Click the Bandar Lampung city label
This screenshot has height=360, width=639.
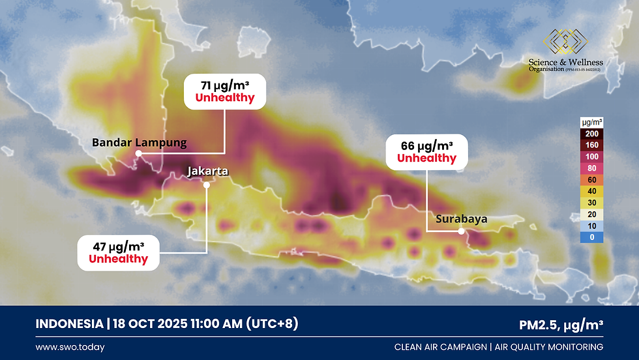pyautogui.click(x=139, y=142)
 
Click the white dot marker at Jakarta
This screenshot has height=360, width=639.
pyautogui.click(x=207, y=185)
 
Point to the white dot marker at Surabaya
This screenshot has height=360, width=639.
pyautogui.click(x=461, y=231)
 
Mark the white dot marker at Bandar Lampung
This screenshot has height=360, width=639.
pyautogui.click(x=139, y=153)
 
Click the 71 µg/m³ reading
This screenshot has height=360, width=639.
pyautogui.click(x=225, y=85)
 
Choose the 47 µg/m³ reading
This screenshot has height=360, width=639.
pyautogui.click(x=118, y=247)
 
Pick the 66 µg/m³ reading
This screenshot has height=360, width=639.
pyautogui.click(x=426, y=145)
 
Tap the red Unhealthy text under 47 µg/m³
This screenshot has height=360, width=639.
pyautogui.click(x=118, y=259)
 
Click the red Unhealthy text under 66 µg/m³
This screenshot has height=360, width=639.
pyautogui.click(x=426, y=158)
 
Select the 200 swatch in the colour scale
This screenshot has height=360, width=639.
pyautogui.click(x=591, y=134)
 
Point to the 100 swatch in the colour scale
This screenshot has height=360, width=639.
pyautogui.click(x=591, y=157)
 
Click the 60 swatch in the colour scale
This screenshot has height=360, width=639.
pyautogui.click(x=591, y=179)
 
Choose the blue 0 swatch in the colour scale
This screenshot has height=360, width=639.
pyautogui.click(x=591, y=237)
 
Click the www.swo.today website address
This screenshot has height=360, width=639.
pyautogui.click(x=70, y=347)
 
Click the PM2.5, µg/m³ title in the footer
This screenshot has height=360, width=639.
pyautogui.click(x=558, y=323)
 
